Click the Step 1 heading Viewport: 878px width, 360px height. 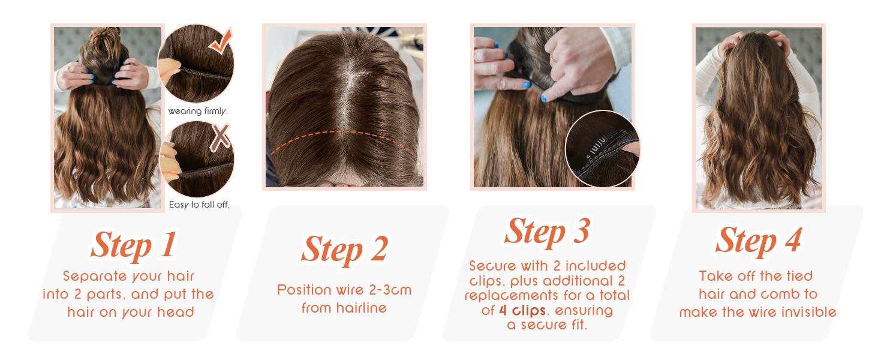click(133, 244)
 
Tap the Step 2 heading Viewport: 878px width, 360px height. click(344, 248)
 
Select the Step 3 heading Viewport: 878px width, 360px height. click(547, 230)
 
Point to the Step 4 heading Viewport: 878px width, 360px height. click(758, 241)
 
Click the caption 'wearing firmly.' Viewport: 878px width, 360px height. click(198, 111)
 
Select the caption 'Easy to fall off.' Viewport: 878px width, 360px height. click(199, 205)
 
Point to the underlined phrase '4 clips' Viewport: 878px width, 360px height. click(522, 311)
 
